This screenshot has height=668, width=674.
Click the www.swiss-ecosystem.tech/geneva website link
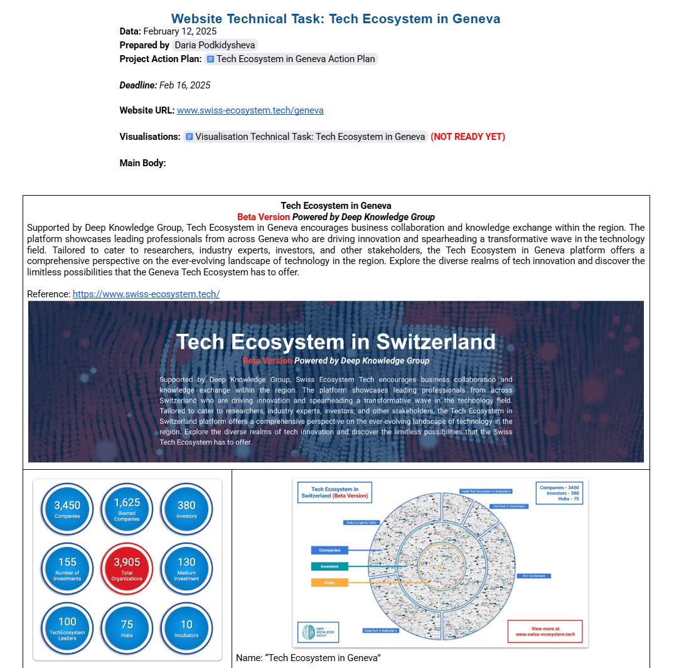(x=250, y=110)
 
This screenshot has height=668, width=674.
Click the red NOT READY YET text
(x=468, y=137)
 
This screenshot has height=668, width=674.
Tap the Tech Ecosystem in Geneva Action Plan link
(x=291, y=59)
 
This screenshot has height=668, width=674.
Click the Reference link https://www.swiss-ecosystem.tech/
(x=146, y=294)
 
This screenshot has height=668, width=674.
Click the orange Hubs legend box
(x=329, y=583)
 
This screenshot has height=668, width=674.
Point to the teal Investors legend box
(x=329, y=566)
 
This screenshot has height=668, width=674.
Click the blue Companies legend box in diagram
(x=329, y=550)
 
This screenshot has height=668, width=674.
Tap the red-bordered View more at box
(x=545, y=632)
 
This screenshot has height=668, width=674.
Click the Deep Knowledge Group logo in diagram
(x=318, y=632)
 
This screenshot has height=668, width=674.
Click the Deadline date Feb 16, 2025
(x=185, y=85)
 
